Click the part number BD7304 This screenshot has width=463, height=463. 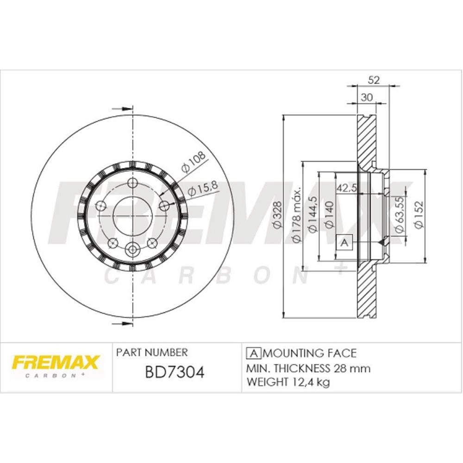tap(175, 372)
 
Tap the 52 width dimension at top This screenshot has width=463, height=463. tap(374, 80)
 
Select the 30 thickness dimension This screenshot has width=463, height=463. tap(367, 97)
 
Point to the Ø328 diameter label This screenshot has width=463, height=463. tap(277, 215)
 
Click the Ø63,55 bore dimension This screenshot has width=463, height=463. tap(399, 215)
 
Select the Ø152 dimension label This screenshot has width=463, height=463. tap(419, 215)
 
